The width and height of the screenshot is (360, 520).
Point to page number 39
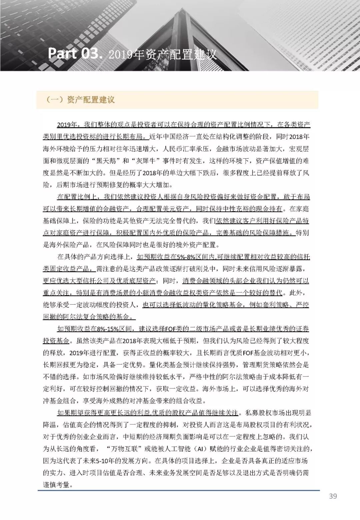click(x=333, y=496)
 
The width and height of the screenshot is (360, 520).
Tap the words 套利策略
click(x=273, y=305)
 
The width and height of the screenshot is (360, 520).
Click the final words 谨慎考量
click(x=57, y=485)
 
